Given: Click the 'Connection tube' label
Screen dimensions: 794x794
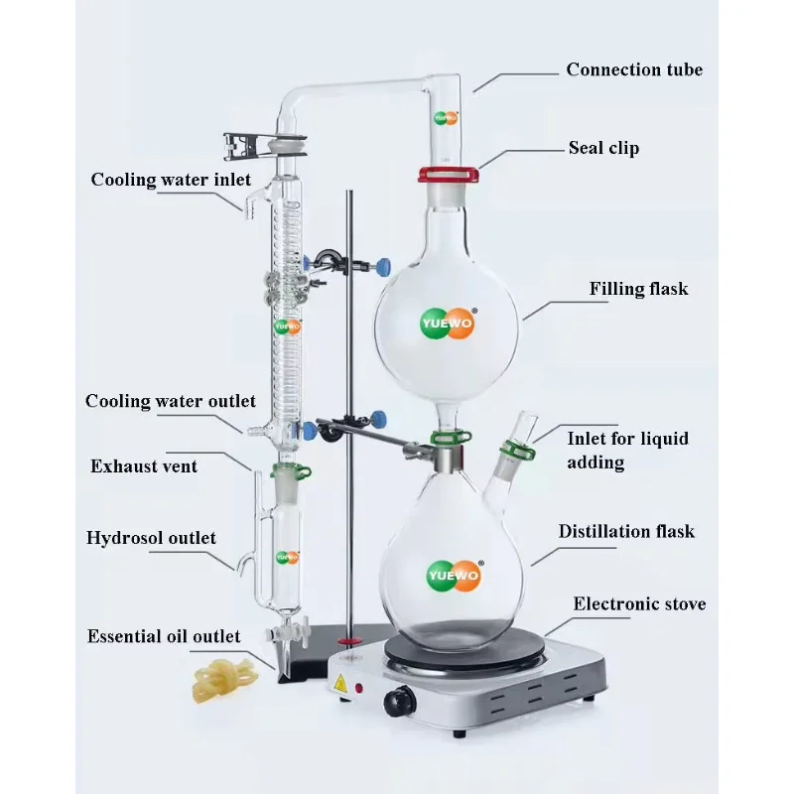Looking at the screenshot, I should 634,69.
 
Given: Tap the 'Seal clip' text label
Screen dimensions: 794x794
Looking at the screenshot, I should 603,148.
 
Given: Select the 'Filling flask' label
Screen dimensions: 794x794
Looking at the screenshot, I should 638,290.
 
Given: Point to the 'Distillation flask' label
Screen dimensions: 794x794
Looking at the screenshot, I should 626,532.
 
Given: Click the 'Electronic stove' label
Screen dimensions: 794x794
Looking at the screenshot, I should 639,603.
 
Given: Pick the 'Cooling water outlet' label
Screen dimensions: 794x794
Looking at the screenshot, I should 171,402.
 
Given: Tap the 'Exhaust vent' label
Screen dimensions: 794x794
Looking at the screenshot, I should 144,465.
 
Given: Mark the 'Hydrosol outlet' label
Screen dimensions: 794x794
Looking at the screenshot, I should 151,538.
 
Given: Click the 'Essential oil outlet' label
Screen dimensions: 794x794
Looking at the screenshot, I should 164,636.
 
